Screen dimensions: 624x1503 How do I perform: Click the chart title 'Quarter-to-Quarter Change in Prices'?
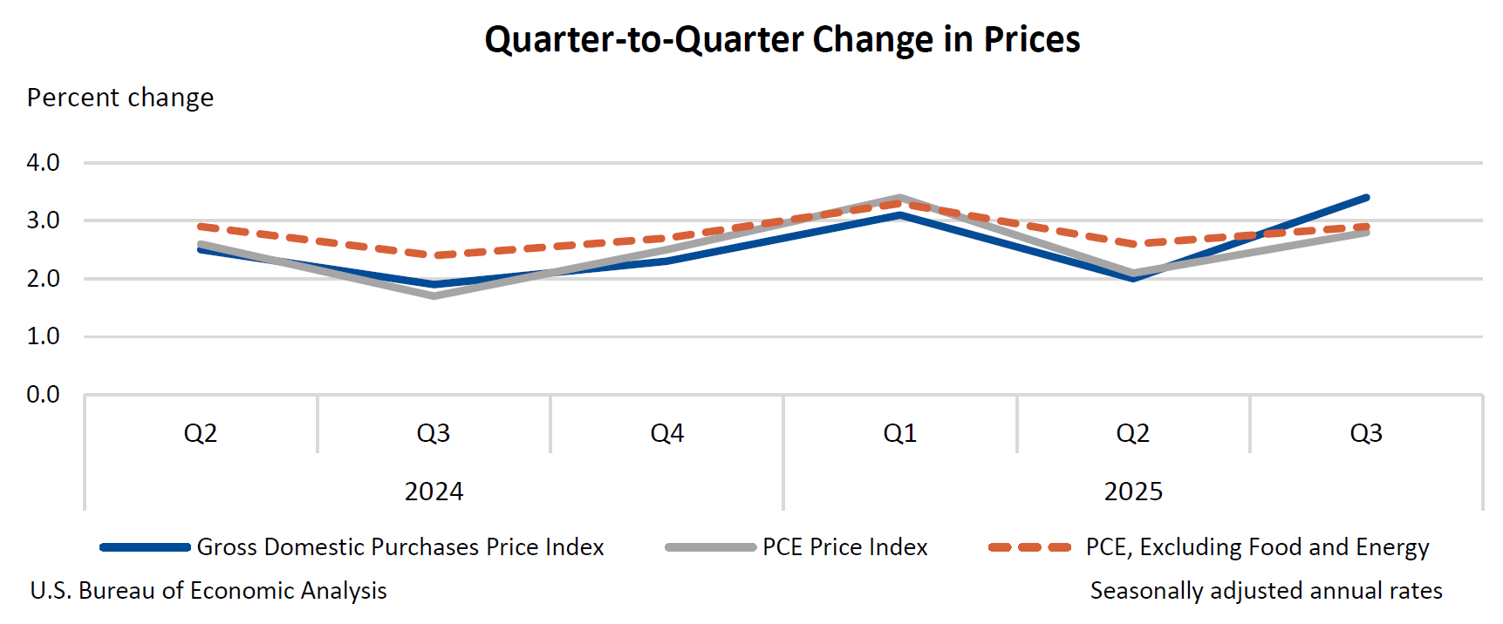tap(782, 40)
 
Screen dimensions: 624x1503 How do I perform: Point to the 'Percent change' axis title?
tap(120, 98)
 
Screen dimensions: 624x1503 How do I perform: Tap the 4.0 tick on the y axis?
tap(43, 163)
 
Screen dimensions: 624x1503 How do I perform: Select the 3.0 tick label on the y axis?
tap(43, 220)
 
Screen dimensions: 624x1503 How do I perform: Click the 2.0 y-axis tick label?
tap(43, 279)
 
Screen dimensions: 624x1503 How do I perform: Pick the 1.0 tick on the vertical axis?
tap(43, 336)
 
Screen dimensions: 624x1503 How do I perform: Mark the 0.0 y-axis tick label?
tap(43, 395)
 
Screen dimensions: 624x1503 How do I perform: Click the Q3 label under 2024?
tap(434, 433)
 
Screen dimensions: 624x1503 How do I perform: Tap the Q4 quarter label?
tap(667, 433)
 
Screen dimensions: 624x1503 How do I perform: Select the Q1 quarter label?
tap(900, 433)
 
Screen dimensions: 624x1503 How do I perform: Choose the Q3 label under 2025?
tap(1366, 433)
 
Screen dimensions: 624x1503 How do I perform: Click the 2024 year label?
tap(434, 492)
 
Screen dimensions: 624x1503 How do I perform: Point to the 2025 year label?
tap(1133, 492)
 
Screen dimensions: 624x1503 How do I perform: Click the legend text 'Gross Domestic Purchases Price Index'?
tap(400, 547)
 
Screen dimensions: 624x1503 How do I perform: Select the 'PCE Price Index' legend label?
tap(844, 547)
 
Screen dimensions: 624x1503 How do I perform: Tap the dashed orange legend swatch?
tap(1029, 547)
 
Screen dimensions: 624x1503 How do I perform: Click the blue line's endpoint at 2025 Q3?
tap(1366, 198)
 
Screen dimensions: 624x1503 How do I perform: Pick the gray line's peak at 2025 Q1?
tap(900, 198)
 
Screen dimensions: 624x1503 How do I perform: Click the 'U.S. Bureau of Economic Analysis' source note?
tap(208, 591)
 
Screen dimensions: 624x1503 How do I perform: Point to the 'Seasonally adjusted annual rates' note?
tap(1266, 591)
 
